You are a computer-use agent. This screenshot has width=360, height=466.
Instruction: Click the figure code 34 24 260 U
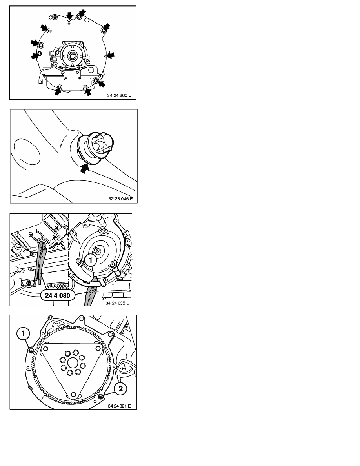(x=119, y=95)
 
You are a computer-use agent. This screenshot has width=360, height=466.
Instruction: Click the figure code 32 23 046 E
(x=120, y=199)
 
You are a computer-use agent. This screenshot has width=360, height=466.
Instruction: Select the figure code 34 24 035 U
(x=118, y=303)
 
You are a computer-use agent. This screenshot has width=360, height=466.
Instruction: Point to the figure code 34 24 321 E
(x=119, y=406)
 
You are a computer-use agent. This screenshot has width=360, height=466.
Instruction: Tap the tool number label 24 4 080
(x=57, y=295)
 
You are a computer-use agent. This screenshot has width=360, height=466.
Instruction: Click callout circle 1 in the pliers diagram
(x=91, y=260)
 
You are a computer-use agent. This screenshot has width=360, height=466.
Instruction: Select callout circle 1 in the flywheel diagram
(x=23, y=333)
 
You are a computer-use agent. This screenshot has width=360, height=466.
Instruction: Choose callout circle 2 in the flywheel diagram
(x=121, y=389)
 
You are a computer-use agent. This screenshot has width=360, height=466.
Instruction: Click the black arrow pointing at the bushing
(x=85, y=169)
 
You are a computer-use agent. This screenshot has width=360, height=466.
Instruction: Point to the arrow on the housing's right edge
(x=110, y=55)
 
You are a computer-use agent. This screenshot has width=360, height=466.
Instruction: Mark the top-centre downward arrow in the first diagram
(x=69, y=16)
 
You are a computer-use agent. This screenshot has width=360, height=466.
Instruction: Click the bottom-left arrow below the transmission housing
(x=58, y=91)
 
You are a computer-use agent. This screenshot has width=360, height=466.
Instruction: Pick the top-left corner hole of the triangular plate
(x=45, y=348)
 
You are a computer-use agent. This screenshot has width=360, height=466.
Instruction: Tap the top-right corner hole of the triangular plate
(x=98, y=348)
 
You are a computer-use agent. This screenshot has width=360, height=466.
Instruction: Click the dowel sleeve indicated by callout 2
(x=100, y=396)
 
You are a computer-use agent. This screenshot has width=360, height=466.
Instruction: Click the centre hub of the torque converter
(x=97, y=250)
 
